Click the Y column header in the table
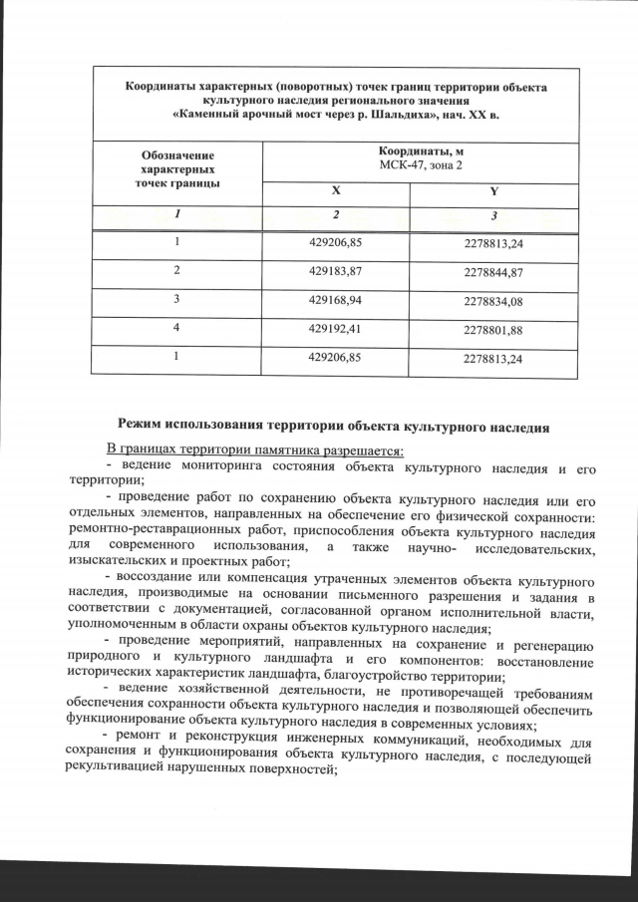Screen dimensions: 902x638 point(494,191)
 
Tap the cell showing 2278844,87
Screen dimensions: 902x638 point(493,272)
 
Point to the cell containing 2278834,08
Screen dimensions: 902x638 point(493,300)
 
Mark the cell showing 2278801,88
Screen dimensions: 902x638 point(493,329)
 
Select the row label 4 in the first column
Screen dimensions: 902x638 point(176,326)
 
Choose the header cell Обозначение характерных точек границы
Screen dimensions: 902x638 point(176,169)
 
